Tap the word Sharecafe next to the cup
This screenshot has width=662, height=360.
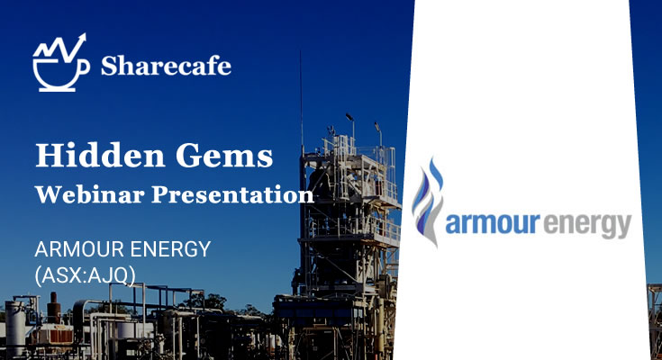coord(166,66)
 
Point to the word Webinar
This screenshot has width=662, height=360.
coord(87,193)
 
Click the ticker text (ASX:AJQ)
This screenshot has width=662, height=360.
coord(84,273)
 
